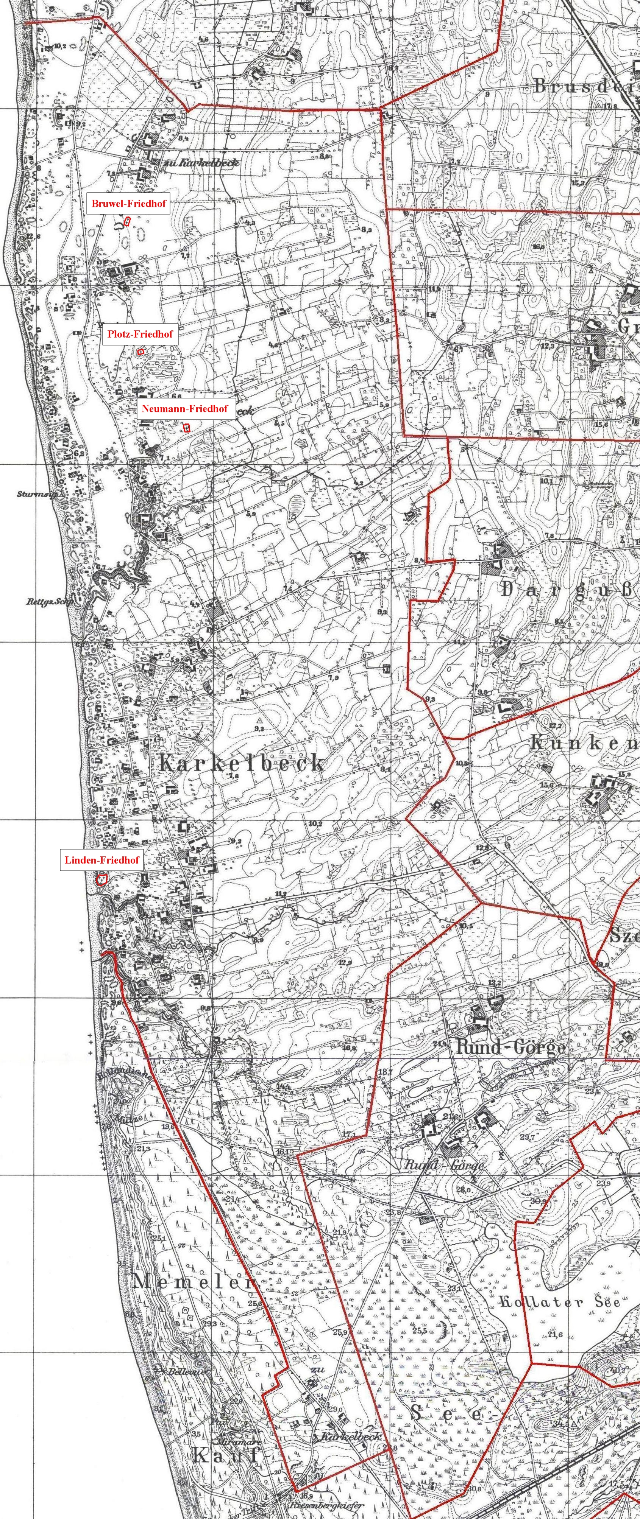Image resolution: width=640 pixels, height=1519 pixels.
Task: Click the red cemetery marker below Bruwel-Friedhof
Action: pos(127,222)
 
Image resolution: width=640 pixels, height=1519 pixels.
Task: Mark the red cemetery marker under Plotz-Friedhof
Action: pos(140,352)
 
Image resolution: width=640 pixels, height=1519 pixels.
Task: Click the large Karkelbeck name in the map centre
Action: pos(242,764)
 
